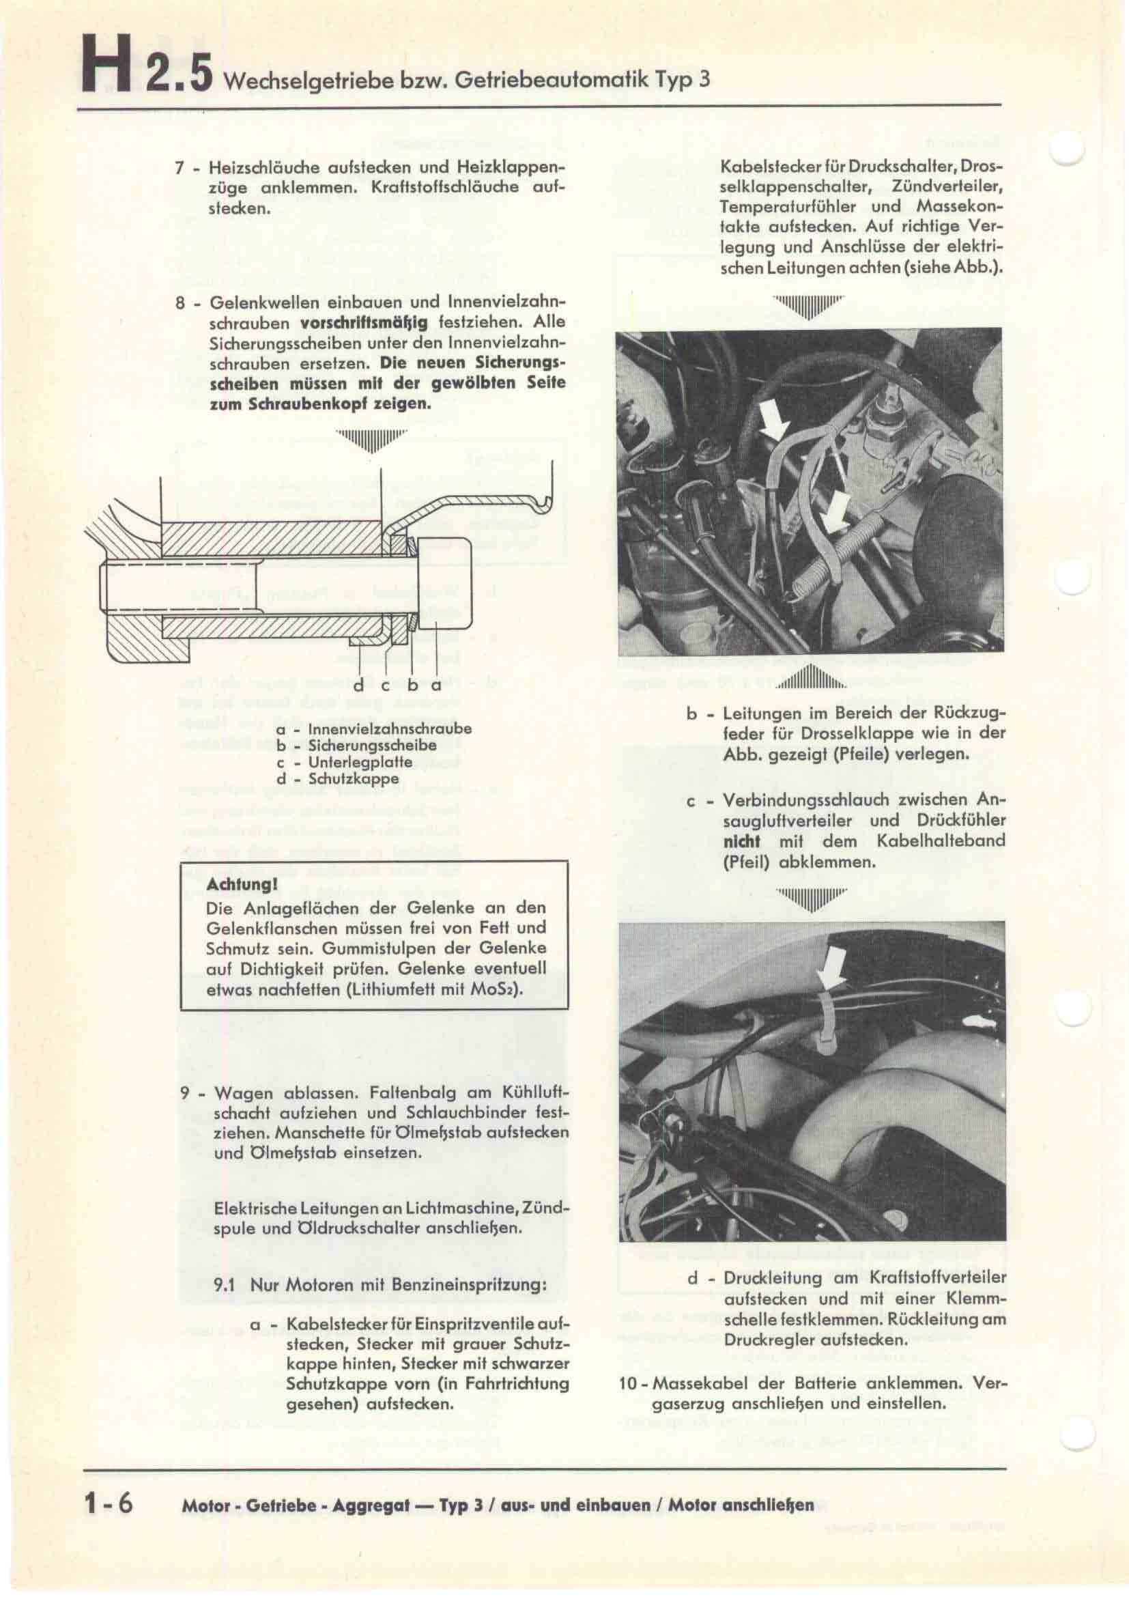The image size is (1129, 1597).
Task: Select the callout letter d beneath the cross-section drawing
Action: pos(359,685)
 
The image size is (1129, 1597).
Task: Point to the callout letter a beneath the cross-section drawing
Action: pos(437,685)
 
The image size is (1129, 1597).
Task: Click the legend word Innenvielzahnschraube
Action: pos(389,730)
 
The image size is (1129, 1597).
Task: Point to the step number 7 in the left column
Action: pos(180,169)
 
